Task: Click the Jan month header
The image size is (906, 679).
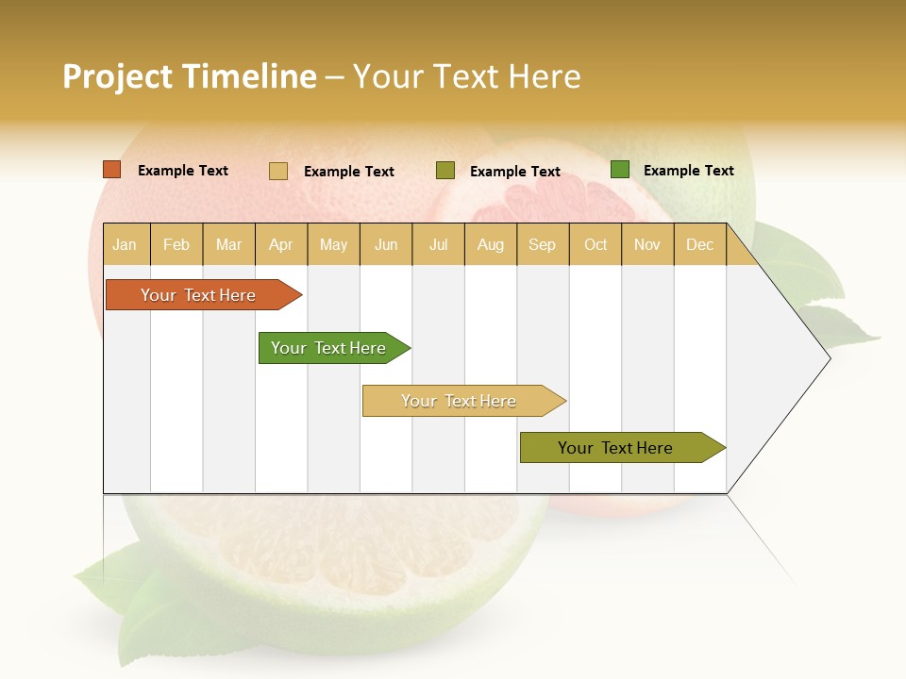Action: click(x=125, y=244)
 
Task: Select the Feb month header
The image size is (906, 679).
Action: click(x=176, y=244)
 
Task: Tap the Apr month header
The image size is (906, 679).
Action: click(x=280, y=244)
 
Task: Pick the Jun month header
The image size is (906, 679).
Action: click(x=386, y=244)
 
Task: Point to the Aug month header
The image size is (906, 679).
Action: click(x=490, y=244)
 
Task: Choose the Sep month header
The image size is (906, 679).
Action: click(x=542, y=244)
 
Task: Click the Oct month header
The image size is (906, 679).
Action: click(x=596, y=244)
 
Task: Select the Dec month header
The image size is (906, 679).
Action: click(x=699, y=244)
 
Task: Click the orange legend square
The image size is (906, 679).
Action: click(x=112, y=170)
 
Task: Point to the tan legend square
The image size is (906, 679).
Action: click(x=278, y=171)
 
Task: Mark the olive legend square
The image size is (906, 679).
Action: click(x=445, y=171)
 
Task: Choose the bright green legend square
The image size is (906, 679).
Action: click(x=620, y=170)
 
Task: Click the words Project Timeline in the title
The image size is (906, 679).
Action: click(x=190, y=76)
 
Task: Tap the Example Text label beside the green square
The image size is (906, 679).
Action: click(x=688, y=171)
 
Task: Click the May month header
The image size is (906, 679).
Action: click(x=333, y=244)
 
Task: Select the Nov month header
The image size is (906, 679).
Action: click(x=646, y=244)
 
